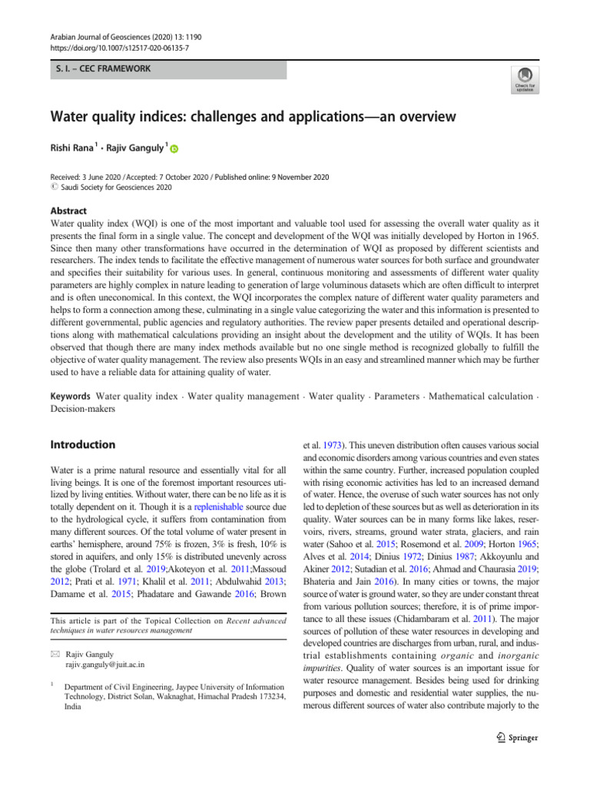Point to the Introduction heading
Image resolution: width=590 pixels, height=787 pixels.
pos(83,444)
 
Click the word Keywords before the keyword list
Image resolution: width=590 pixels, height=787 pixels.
pos(71,396)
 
